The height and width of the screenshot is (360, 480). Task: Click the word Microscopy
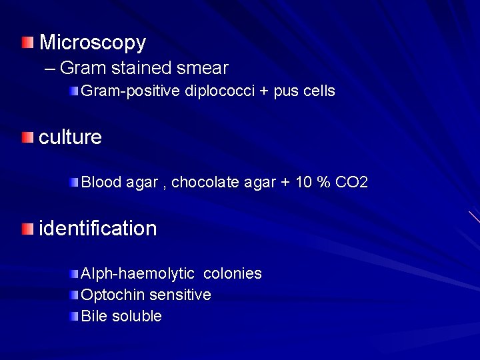[x=93, y=43]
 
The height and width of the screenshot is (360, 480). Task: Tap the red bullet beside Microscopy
[x=26, y=43]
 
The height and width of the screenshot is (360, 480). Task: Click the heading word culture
[x=71, y=137]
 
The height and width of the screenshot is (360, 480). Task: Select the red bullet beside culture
[x=26, y=138]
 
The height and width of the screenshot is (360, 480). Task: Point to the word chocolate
[x=203, y=183]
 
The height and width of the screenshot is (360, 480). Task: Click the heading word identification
[x=99, y=229]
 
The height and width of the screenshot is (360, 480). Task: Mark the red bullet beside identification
[x=26, y=229]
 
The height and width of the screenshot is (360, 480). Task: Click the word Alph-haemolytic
[x=137, y=273]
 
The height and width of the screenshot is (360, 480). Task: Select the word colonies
[x=232, y=273]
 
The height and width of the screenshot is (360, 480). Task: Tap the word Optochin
[x=111, y=295]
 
